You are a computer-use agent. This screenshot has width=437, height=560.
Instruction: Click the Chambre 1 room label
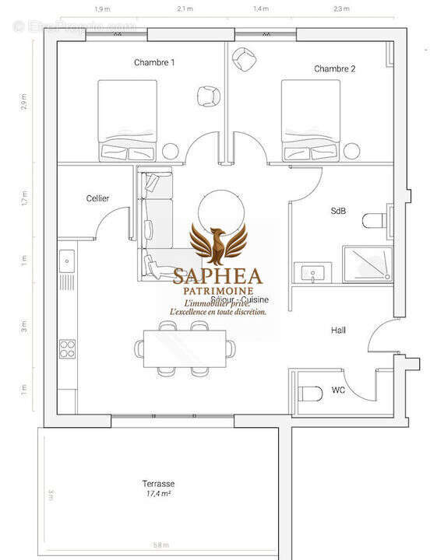(153, 62)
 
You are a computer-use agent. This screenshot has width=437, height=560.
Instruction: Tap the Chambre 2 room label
(335, 68)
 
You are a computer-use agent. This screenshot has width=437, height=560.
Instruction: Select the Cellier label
(97, 198)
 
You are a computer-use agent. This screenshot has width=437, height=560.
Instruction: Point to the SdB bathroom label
(339, 211)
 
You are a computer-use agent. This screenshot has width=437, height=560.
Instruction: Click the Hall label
(338, 331)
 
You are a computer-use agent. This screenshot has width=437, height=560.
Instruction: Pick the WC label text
(338, 389)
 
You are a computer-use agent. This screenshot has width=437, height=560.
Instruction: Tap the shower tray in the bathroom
(368, 262)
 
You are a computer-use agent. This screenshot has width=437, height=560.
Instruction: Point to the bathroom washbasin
(312, 273)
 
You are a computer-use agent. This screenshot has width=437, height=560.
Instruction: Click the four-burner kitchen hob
(66, 345)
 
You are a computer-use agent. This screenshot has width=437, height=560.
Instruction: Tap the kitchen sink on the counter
(66, 257)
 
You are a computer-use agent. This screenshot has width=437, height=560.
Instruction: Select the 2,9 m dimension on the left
(24, 102)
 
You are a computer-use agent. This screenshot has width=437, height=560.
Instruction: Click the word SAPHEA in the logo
(218, 275)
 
